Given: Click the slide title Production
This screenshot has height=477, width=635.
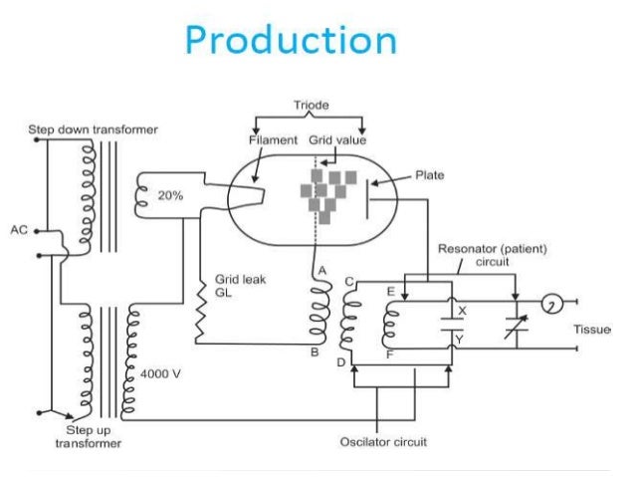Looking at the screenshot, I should [291, 41].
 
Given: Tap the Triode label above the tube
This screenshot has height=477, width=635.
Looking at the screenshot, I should [310, 105].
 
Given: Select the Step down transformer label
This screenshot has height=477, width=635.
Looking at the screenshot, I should [93, 129].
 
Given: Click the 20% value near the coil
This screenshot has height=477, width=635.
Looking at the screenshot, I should [170, 196].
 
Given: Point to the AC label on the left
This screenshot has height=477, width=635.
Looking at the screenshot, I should [20, 230].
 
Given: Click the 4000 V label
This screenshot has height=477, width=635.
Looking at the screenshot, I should [158, 372].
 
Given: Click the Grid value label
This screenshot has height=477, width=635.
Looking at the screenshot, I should [336, 140].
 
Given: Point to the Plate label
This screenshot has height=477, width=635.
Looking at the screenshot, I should [430, 175].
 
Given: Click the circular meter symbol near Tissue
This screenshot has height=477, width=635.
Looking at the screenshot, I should [551, 302].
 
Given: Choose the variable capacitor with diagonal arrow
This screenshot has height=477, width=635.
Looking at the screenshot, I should [514, 325].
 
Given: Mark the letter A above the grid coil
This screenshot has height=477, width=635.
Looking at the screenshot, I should [320, 272].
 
